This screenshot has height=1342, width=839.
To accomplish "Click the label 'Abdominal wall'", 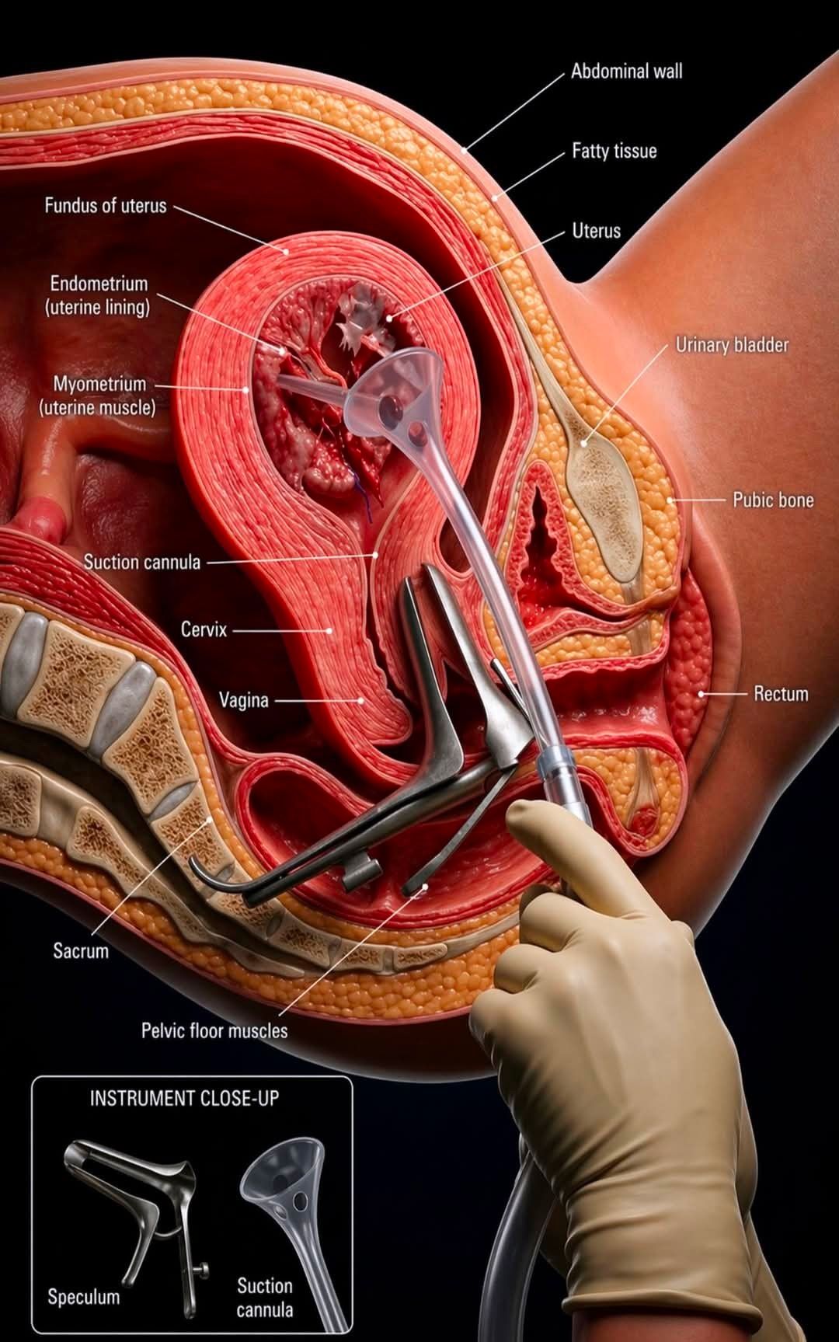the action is point(626,71).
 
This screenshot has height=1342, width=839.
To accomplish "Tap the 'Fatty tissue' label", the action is point(614,151).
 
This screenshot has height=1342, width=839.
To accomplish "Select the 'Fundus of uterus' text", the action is point(105,206).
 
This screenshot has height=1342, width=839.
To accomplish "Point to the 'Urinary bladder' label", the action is point(732,345).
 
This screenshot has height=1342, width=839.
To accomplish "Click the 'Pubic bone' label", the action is point(773,500).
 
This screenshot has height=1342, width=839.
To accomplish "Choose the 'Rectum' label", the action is point(781,693).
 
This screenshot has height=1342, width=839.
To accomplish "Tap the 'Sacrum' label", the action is point(80,950).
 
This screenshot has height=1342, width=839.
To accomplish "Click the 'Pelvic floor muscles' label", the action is point(214,1031).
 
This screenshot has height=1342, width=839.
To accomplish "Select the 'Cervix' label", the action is point(204,629).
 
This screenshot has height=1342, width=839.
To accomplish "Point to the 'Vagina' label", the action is point(243,700).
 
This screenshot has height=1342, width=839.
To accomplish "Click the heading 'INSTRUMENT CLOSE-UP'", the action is point(184,1099).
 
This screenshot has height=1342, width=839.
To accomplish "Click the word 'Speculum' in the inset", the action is point(83,1297).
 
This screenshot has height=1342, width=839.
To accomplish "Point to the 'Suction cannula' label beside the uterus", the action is point(142,562).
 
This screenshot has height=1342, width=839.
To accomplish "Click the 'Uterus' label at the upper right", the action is point(596,231).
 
